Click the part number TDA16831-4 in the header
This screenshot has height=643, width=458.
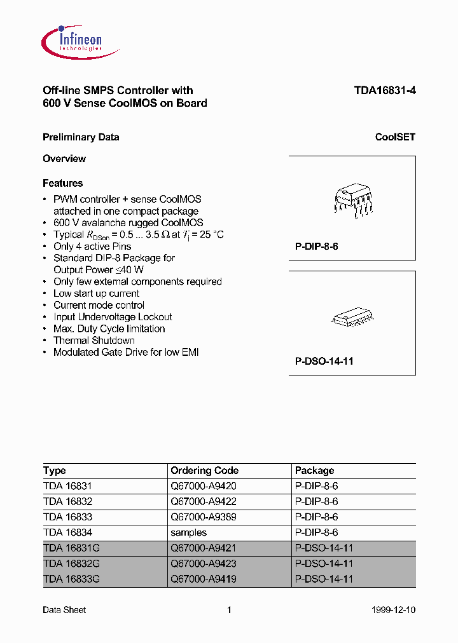[x=385, y=90]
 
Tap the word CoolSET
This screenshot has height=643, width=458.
[x=395, y=137]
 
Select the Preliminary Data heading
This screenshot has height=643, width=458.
[x=81, y=137]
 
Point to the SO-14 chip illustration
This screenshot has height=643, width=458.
[x=352, y=318]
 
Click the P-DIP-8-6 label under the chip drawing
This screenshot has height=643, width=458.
[x=316, y=246]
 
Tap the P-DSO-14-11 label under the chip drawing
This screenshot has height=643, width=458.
[x=324, y=361]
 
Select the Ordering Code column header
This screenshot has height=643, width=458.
[x=204, y=471]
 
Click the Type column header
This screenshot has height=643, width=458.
[x=55, y=471]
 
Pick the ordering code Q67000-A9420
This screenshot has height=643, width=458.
[x=203, y=486]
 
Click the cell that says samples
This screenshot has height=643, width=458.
[x=188, y=532]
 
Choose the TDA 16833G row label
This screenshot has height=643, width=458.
[x=71, y=579]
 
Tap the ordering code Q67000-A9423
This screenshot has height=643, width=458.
[x=203, y=564]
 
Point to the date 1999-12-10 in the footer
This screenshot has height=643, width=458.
[x=393, y=610]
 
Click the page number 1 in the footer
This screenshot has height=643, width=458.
[x=229, y=610]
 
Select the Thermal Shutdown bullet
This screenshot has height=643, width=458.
[x=94, y=341]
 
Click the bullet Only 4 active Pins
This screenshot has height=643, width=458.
[x=92, y=247]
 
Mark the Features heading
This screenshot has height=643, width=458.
[x=62, y=183]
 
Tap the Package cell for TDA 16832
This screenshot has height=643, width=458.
[x=316, y=502]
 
